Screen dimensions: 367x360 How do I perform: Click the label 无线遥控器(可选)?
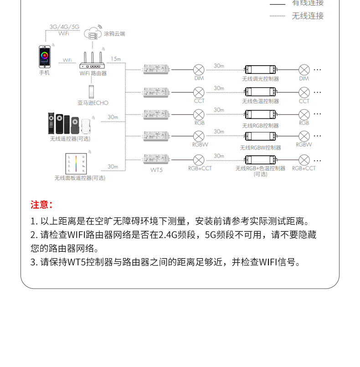tap(70, 138)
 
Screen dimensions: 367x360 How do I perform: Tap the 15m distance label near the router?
tap(116, 59)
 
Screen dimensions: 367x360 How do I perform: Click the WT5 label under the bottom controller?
tap(156, 169)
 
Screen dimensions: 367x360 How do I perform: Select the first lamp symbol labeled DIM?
tap(199, 70)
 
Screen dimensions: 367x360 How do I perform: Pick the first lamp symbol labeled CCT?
tap(199, 92)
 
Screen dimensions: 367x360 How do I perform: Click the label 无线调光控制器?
tap(261, 79)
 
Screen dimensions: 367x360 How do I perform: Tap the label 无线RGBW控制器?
tap(261, 148)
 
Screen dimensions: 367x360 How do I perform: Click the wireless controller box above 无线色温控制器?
tap(261, 92)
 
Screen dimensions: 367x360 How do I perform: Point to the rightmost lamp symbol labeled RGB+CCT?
tap(304, 160)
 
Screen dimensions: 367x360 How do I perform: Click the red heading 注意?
tap(42, 205)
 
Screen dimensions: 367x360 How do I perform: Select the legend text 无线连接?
tap(308, 16)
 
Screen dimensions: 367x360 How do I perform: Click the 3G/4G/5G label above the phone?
tap(64, 27)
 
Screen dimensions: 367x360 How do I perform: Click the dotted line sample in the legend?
tap(277, 16)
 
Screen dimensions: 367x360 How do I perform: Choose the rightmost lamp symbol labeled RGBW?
tap(304, 136)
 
